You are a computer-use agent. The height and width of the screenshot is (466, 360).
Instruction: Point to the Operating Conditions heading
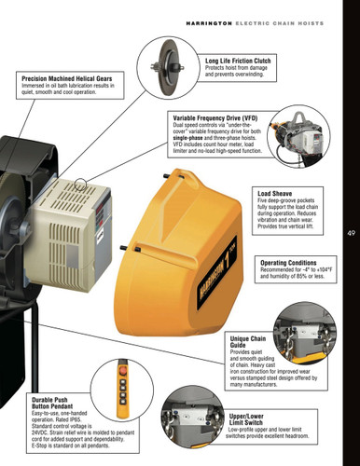coord(291,263)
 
